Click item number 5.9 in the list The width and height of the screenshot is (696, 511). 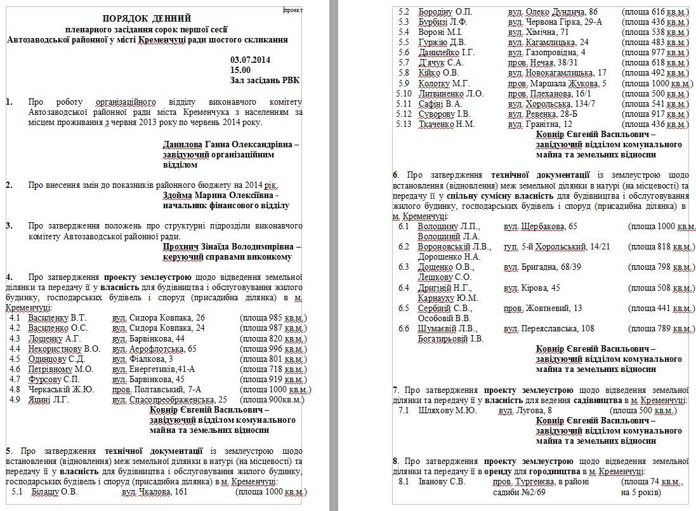[404, 84]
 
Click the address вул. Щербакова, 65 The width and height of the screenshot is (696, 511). [541, 226]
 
